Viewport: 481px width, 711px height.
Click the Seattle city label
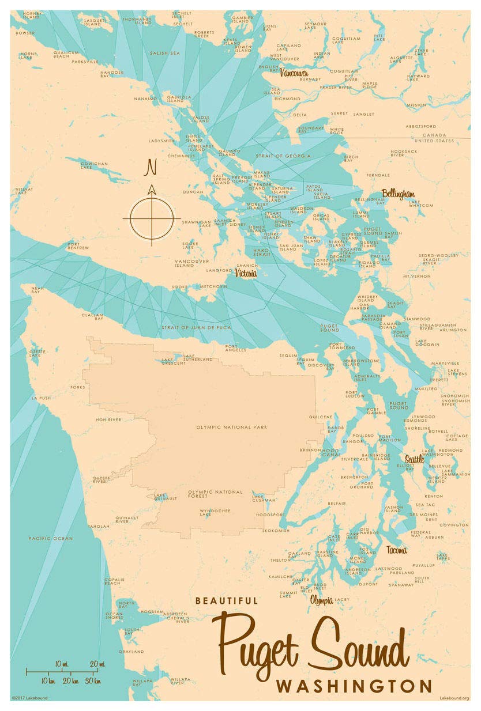(414, 459)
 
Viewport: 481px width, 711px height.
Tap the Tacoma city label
(396, 549)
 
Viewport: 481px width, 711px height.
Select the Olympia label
(321, 600)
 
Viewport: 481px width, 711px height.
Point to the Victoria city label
(245, 273)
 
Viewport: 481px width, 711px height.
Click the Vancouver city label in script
(294, 74)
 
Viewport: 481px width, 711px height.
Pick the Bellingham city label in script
(398, 194)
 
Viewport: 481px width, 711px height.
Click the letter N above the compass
(151, 168)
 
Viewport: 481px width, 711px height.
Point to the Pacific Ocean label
(51, 538)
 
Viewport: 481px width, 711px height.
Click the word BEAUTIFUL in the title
(227, 600)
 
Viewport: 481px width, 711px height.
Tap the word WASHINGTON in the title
(354, 686)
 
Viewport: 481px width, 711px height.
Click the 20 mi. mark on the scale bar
(97, 664)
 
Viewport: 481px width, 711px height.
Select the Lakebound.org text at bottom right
(454, 698)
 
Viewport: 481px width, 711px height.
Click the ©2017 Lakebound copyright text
(29, 698)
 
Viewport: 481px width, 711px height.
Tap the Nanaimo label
(145, 99)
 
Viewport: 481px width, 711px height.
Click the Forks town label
(76, 387)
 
